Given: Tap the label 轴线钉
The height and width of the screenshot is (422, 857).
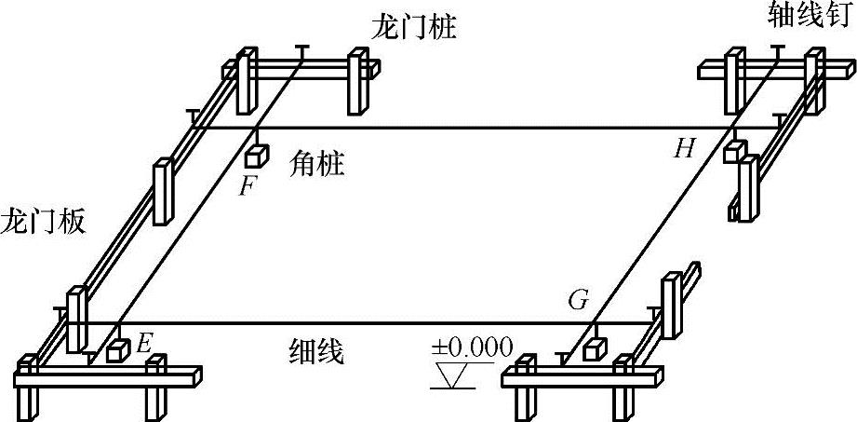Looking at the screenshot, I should [807, 16].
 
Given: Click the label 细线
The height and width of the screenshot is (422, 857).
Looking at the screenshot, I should [317, 353].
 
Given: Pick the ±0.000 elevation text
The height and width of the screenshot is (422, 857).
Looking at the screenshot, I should [472, 347].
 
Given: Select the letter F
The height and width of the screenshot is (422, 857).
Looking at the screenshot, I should [247, 185].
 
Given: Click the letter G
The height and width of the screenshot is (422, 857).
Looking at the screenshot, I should [578, 301].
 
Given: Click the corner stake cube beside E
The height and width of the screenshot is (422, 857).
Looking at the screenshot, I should [117, 351].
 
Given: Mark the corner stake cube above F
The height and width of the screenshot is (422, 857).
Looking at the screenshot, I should [257, 155].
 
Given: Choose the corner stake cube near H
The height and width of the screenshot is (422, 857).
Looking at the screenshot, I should [736, 151].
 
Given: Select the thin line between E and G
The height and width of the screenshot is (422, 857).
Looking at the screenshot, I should [372, 325].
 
